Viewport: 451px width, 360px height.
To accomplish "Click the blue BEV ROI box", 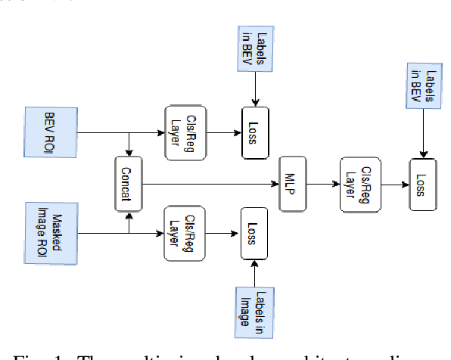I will (x=51, y=133).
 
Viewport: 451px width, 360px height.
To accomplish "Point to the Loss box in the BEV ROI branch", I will (x=256, y=133).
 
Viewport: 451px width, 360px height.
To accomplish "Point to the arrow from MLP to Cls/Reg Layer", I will (x=323, y=183).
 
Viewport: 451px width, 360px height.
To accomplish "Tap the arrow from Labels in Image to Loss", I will (x=256, y=273).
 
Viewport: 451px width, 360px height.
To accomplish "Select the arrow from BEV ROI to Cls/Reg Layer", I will (x=121, y=133).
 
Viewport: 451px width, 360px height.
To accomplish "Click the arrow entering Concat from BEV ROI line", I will (x=130, y=145).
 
